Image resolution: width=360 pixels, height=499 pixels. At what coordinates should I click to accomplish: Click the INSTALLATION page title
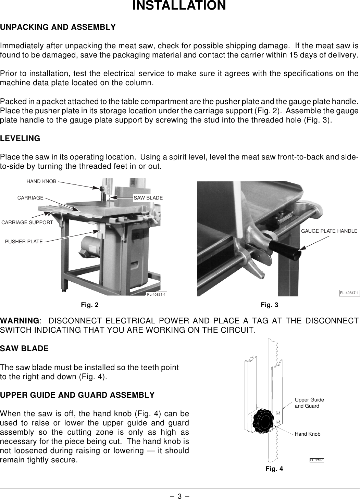pyautogui.click(x=179, y=6)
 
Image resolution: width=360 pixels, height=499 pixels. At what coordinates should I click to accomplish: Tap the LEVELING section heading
pyautogui.click(x=20, y=139)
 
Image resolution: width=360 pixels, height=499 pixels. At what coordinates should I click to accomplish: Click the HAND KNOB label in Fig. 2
pyautogui.click(x=41, y=181)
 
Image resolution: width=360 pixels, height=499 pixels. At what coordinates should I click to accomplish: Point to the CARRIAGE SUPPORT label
pyautogui.click(x=27, y=222)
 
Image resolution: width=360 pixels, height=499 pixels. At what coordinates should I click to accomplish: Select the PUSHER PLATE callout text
pyautogui.click(x=24, y=242)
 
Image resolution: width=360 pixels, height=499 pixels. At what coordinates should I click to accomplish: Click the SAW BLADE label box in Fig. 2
pyautogui.click(x=148, y=198)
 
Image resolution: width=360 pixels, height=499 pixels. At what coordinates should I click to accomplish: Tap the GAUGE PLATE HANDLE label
pyautogui.click(x=329, y=231)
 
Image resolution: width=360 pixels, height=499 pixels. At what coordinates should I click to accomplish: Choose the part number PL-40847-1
pyautogui.click(x=349, y=293)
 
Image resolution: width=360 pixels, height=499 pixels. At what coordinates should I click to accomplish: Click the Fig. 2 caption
pyautogui.click(x=89, y=305)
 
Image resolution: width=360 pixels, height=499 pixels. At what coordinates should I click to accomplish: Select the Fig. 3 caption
pyautogui.click(x=270, y=305)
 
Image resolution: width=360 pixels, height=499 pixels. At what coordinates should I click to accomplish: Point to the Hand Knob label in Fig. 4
pyautogui.click(x=307, y=434)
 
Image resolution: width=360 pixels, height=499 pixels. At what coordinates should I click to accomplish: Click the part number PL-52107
pyautogui.click(x=317, y=460)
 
